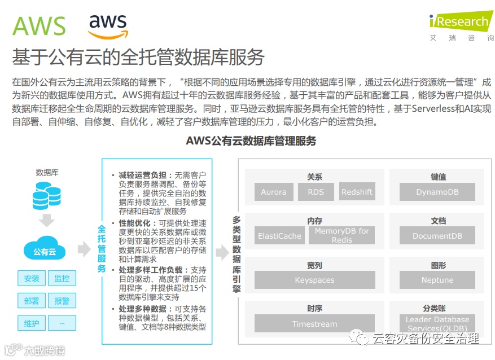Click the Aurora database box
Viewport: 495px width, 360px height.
pyautogui.click(x=274, y=192)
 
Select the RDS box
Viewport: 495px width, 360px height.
pyautogui.click(x=316, y=192)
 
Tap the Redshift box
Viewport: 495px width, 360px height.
pyautogui.click(x=357, y=192)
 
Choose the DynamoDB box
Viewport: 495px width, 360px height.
pyautogui.click(x=437, y=192)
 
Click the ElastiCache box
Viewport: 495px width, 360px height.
pyautogui.click(x=279, y=236)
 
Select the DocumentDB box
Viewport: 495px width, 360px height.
pyautogui.click(x=437, y=236)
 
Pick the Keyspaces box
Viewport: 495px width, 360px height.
pyautogui.click(x=314, y=280)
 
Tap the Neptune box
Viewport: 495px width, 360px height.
pyautogui.click(x=437, y=280)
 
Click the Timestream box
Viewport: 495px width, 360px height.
pyautogui.click(x=314, y=324)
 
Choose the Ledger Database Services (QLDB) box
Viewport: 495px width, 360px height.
pyautogui.click(x=437, y=324)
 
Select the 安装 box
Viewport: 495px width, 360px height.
pyautogui.click(x=32, y=278)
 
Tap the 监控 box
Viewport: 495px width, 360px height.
pyautogui.click(x=62, y=278)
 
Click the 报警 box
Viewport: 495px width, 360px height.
pyautogui.click(x=62, y=301)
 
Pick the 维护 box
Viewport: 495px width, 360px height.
pyautogui.click(x=32, y=323)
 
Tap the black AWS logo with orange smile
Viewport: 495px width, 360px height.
pyautogui.click(x=108, y=26)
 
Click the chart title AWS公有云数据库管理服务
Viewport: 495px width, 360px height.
pyautogui.click(x=251, y=141)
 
